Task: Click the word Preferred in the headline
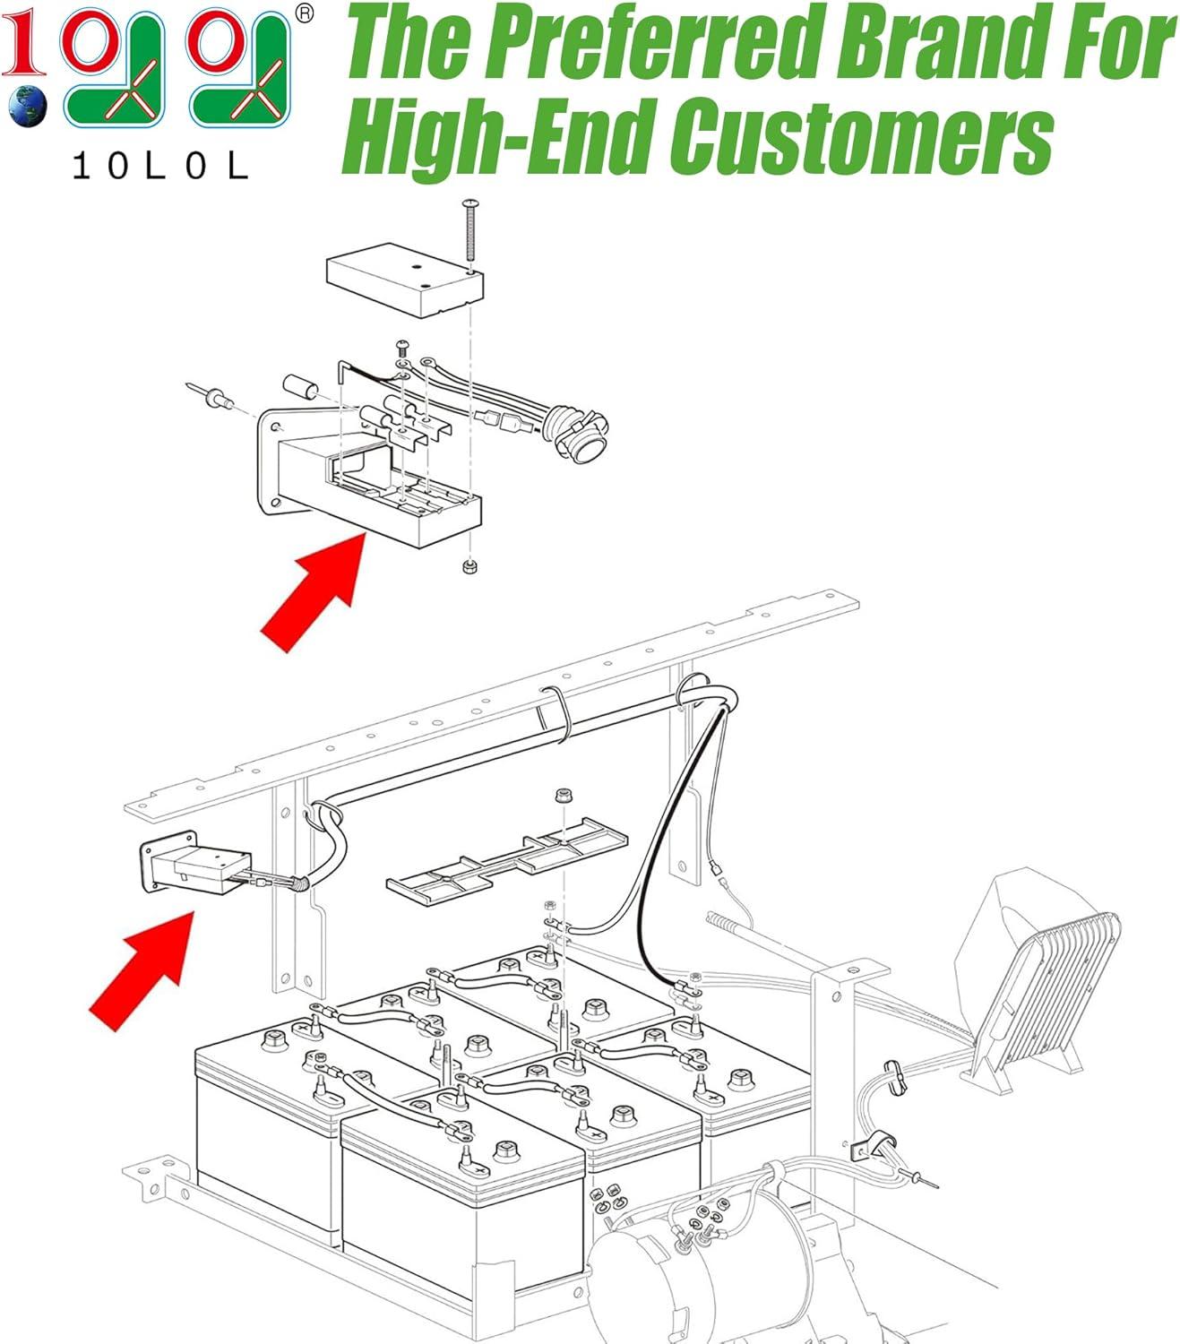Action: (x=653, y=45)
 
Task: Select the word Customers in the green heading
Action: (x=861, y=136)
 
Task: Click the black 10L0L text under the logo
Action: (x=160, y=166)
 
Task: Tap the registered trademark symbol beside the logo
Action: (x=304, y=14)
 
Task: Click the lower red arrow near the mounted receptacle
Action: (x=142, y=970)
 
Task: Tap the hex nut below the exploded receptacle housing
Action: (x=469, y=566)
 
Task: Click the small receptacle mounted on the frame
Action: (x=196, y=862)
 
